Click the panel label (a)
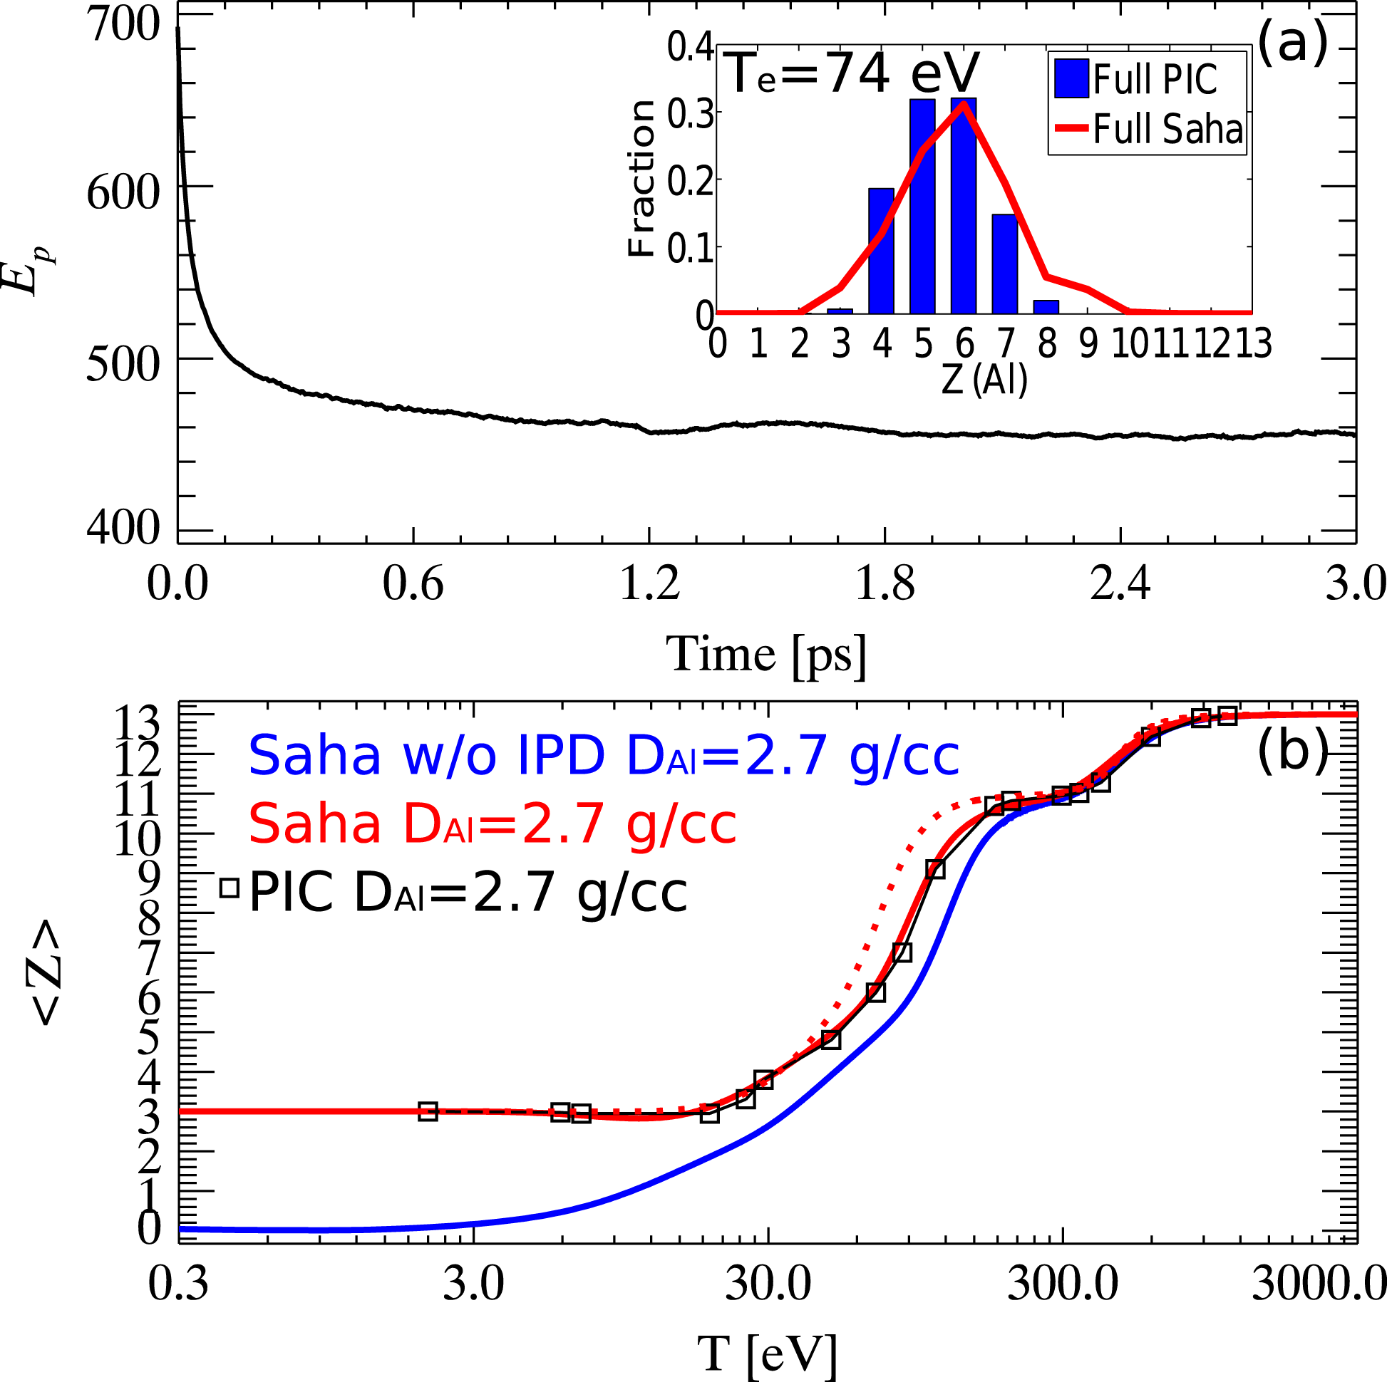[1291, 43]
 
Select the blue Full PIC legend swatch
[1071, 78]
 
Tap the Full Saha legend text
[1167, 130]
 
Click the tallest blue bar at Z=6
[964, 208]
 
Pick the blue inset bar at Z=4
[881, 251]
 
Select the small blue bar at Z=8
[1046, 306]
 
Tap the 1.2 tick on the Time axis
[650, 583]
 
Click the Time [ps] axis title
[766, 653]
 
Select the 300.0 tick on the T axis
[1063, 1283]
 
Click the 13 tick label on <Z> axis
[139, 722]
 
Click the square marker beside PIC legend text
[229, 888]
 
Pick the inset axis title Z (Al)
[984, 380]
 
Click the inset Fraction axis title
[641, 178]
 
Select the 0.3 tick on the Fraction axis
[690, 113]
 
